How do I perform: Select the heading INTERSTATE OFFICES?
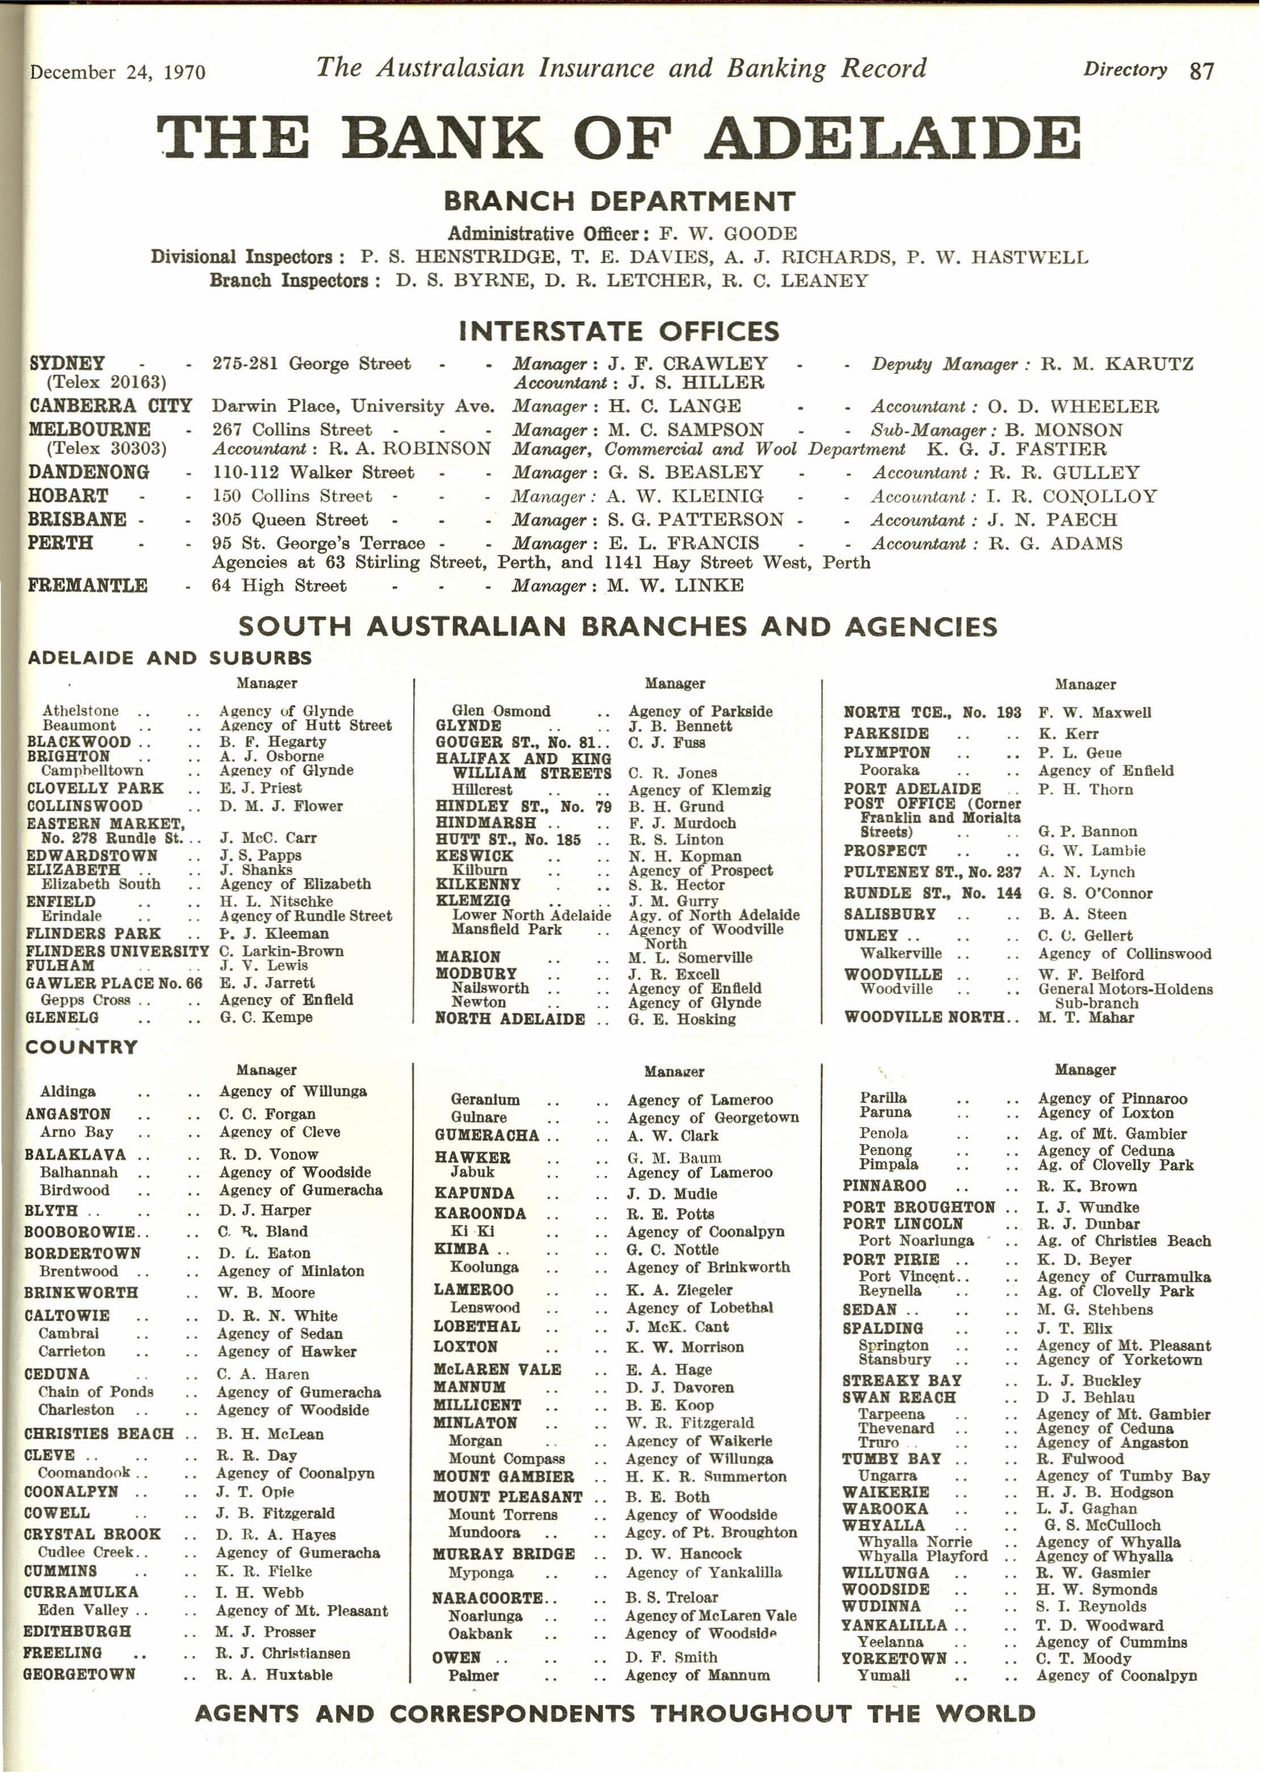(x=619, y=332)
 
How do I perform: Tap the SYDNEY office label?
(x=67, y=363)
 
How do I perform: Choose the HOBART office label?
(x=68, y=496)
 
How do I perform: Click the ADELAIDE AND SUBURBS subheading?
(x=169, y=657)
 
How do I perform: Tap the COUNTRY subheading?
(x=82, y=1047)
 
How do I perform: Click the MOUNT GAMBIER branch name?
(x=503, y=1476)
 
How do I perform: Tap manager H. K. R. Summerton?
(x=706, y=1476)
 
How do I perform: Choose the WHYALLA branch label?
(x=883, y=1525)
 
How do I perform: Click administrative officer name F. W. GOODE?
(x=727, y=234)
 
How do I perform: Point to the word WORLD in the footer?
(x=984, y=1714)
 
